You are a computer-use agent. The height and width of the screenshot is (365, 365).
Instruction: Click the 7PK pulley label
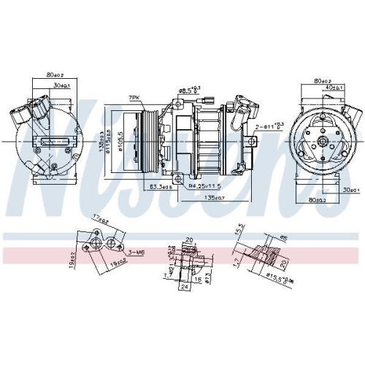pyautogui.click(x=134, y=98)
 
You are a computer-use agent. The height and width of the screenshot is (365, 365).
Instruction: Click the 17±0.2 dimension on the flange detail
pyautogui.click(x=100, y=217)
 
